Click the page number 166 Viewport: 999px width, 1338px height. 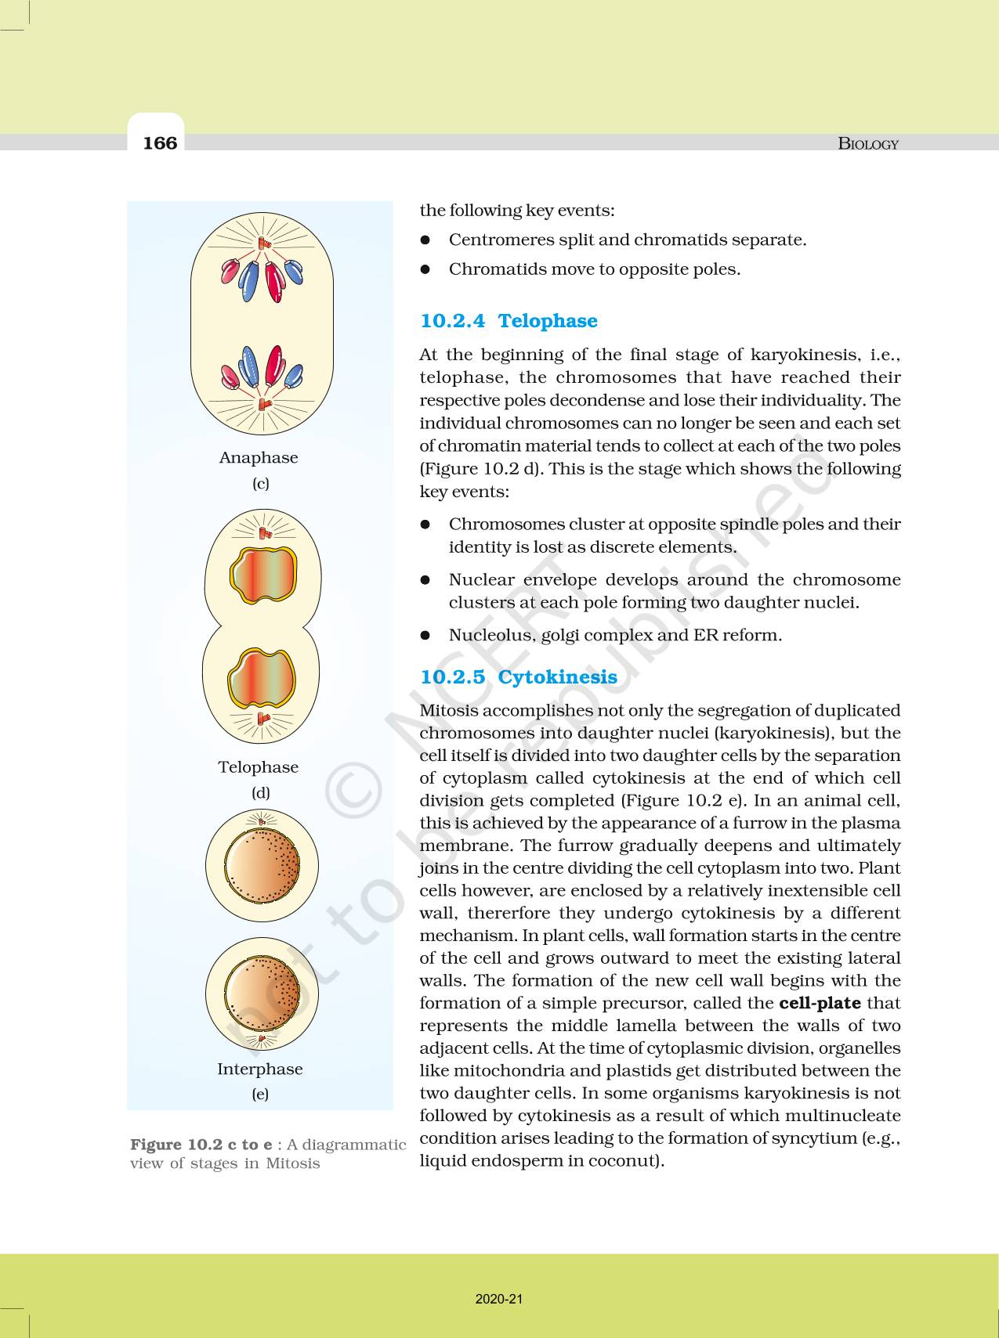[x=160, y=142]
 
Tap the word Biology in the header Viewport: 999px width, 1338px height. [x=868, y=143]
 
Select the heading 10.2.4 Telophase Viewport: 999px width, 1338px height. [x=509, y=321]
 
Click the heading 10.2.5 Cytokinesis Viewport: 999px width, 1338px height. [x=519, y=677]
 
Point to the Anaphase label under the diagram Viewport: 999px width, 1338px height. [x=259, y=458]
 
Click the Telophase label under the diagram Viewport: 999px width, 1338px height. [x=259, y=767]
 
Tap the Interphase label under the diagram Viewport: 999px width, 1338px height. [x=259, y=1069]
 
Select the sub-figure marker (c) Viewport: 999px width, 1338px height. [x=260, y=484]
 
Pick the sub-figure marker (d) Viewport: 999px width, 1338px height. [x=260, y=793]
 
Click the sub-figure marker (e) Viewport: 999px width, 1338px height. [x=260, y=1095]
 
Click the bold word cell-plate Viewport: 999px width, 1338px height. [x=820, y=1003]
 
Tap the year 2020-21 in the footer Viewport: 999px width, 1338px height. [x=499, y=1299]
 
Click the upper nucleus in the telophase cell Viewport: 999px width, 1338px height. [x=263, y=576]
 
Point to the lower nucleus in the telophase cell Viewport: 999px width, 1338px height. [x=262, y=678]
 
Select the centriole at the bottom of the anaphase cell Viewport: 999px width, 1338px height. [x=262, y=406]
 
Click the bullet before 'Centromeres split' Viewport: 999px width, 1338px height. [x=426, y=240]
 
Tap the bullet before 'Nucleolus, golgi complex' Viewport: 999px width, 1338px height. [x=426, y=636]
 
